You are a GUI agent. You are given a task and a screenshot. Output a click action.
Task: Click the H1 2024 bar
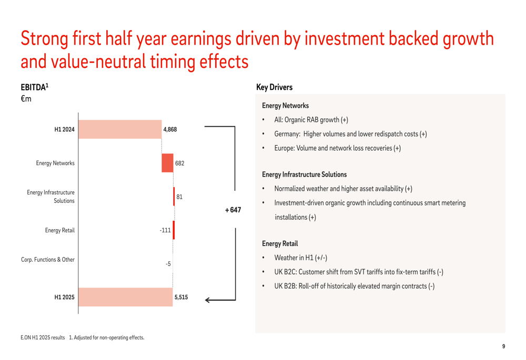[120, 129]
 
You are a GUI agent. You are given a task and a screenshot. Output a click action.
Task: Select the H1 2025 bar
[126, 297]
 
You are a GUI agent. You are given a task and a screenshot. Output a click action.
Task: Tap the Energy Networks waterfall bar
[167, 163]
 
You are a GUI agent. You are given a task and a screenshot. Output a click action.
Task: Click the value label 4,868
[170, 129]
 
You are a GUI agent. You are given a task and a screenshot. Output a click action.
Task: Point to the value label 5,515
[181, 297]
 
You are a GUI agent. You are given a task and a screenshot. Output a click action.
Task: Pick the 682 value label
[180, 163]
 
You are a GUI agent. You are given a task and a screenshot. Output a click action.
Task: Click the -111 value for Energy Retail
[165, 230]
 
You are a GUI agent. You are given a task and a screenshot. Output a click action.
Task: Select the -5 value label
[168, 264]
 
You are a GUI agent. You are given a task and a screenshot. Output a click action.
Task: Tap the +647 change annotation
[233, 210]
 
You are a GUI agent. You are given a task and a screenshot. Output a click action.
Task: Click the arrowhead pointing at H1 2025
[207, 300]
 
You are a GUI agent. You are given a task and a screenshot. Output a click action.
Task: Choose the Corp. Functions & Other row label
[48, 260]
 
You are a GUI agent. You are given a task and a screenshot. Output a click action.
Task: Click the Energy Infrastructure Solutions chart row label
[50, 197]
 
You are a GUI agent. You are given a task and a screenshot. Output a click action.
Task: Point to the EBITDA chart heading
[35, 87]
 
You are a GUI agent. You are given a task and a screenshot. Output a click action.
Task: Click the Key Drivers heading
[275, 87]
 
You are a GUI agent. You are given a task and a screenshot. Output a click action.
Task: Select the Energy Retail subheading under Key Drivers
[280, 244]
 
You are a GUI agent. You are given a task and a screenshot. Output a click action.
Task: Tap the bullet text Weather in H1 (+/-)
[300, 258]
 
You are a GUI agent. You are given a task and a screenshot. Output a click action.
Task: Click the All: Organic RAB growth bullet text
[311, 120]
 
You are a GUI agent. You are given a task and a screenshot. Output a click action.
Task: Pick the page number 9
[503, 346]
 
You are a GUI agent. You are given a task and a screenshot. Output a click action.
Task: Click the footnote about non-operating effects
[107, 337]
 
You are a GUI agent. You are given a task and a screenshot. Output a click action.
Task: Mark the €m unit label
[26, 99]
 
